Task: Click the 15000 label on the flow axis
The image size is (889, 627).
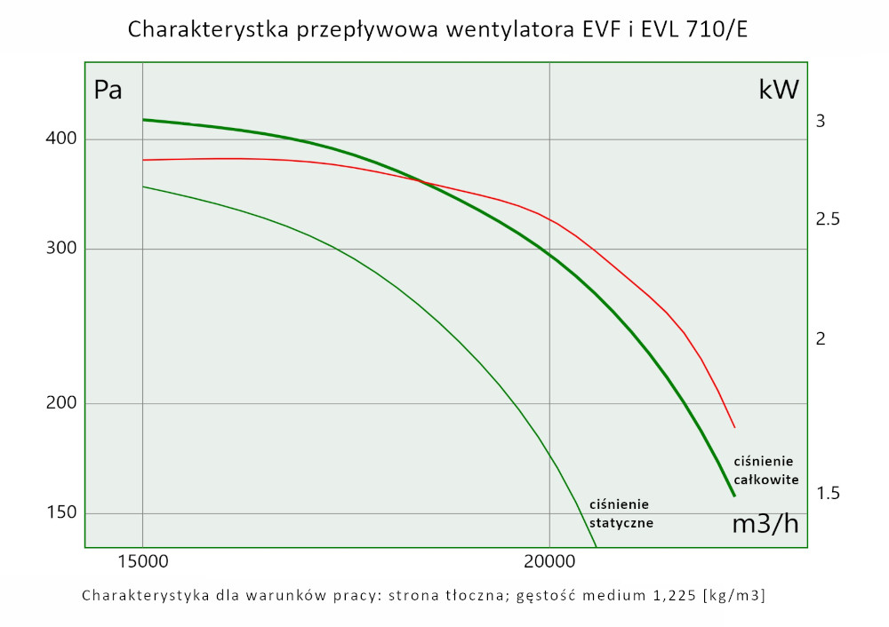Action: click(142, 562)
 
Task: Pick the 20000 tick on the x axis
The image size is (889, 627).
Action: click(549, 562)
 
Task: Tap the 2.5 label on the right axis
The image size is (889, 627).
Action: click(828, 219)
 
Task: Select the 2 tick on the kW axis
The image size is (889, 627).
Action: click(821, 338)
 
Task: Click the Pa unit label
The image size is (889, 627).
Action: click(108, 91)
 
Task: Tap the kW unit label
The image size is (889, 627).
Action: click(779, 89)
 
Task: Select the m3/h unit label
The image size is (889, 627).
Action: click(765, 524)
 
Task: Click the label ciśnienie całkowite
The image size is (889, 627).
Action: click(765, 470)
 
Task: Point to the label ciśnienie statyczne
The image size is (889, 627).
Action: click(621, 513)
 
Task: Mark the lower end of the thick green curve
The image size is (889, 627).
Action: click(734, 496)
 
